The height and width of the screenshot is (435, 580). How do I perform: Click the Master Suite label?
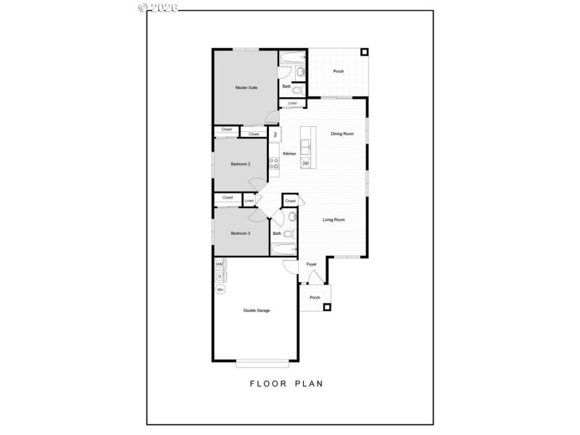tap(246, 88)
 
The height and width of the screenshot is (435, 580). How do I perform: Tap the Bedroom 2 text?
tap(241, 164)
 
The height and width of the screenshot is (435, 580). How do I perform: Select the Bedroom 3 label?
tap(241, 233)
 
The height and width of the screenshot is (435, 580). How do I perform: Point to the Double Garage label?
tap(256, 310)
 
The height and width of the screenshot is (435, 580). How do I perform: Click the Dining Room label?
tap(342, 133)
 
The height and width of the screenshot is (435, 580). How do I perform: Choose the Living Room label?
tap(333, 220)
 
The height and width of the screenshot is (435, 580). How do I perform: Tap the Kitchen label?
tap(289, 154)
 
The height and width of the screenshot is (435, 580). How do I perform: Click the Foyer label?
tap(312, 264)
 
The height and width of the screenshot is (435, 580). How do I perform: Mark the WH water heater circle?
tap(220, 290)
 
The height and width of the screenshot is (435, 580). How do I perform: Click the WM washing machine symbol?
tap(219, 265)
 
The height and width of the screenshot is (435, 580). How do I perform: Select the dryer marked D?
tap(219, 276)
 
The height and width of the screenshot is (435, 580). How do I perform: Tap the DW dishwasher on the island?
tap(306, 163)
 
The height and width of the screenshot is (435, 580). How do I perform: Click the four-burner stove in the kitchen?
tap(274, 165)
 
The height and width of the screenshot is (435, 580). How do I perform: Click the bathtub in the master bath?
tap(294, 55)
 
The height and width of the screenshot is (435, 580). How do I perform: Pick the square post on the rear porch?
tap(364, 53)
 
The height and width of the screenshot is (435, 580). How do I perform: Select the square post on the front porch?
tap(327, 307)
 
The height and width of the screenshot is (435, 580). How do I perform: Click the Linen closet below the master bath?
tap(292, 104)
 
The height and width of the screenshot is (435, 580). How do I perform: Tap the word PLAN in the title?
tap(307, 384)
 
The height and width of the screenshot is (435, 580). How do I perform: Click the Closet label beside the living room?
tap(290, 201)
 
